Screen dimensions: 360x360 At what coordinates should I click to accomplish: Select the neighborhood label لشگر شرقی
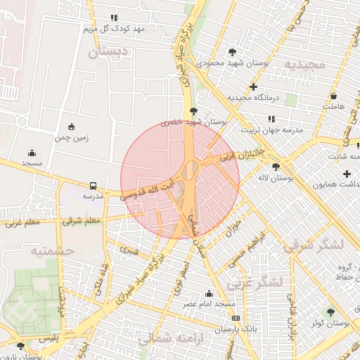(x=313, y=245)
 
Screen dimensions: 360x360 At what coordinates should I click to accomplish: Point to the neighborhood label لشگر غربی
(x=255, y=282)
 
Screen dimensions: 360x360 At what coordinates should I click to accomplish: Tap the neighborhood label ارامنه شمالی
(x=167, y=337)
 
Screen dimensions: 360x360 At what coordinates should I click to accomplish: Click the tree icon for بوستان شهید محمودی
(x=233, y=52)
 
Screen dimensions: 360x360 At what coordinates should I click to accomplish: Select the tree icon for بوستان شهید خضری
(x=194, y=111)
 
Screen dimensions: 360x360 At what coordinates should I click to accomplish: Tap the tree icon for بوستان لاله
(x=275, y=167)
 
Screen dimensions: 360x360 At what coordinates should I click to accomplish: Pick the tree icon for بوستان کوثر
(x=330, y=311)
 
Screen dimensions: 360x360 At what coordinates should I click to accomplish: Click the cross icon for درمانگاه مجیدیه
(x=254, y=86)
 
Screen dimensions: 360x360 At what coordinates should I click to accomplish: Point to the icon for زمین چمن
(x=71, y=127)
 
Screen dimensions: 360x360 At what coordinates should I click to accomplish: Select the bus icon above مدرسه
(x=94, y=186)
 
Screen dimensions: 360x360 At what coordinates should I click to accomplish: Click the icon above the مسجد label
(x=32, y=153)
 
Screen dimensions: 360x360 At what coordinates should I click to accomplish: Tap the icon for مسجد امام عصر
(x=209, y=294)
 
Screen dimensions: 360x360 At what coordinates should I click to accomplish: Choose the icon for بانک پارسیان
(x=234, y=318)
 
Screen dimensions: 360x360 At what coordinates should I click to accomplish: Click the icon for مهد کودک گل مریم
(x=114, y=18)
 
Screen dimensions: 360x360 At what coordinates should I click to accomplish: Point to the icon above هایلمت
(x=333, y=96)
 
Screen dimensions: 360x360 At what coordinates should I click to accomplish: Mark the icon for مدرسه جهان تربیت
(x=252, y=119)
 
